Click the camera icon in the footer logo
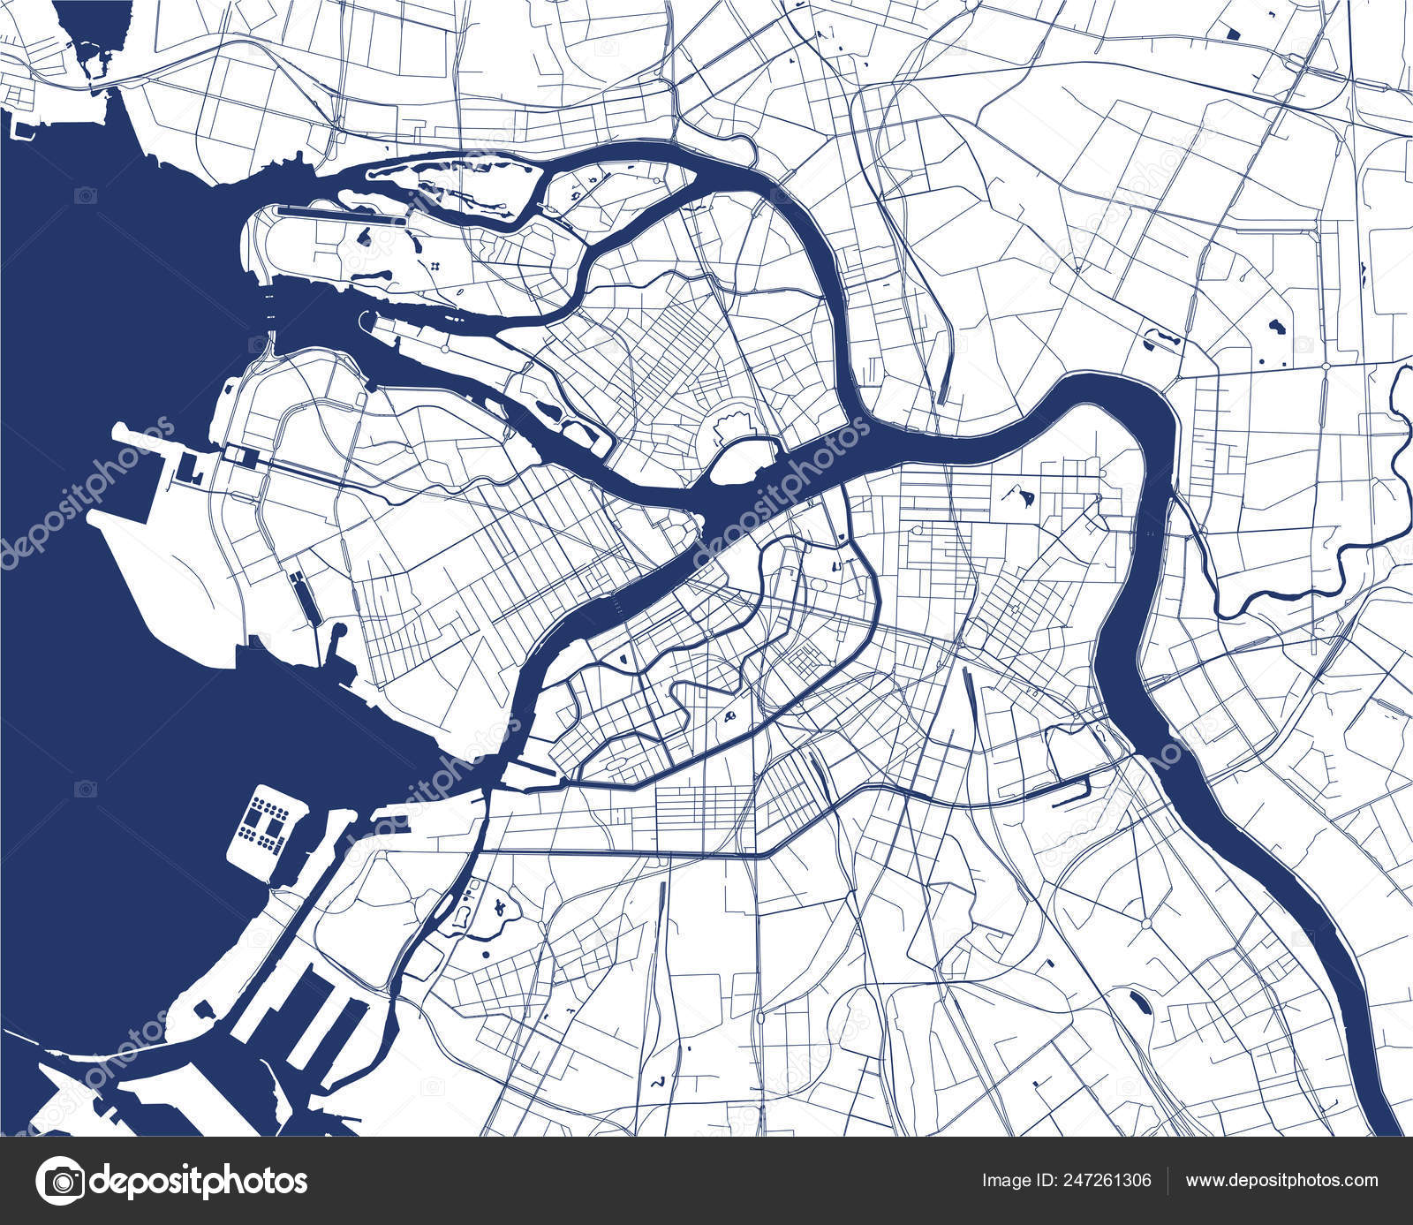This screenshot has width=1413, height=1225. (x=59, y=1180)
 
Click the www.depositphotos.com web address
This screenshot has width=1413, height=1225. (x=1281, y=1180)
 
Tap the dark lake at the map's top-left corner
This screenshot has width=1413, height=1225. (x=88, y=35)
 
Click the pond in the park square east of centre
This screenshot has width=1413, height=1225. (x=1026, y=497)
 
